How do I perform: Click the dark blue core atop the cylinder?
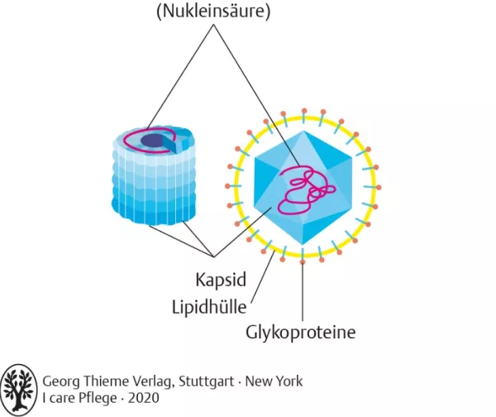pyautogui.click(x=151, y=141)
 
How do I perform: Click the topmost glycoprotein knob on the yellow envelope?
pyautogui.click(x=303, y=111)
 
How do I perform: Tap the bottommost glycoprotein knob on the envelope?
pyautogui.click(x=303, y=262)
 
